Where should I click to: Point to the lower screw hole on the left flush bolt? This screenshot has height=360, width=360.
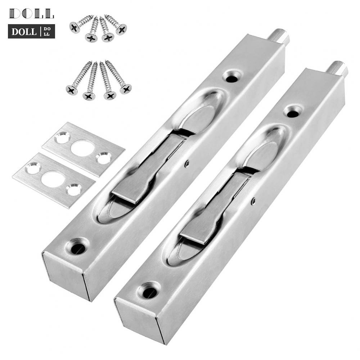(x=78, y=248)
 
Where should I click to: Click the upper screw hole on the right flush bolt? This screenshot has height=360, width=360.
(x=293, y=112)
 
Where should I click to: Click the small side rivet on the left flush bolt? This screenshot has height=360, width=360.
(x=187, y=164)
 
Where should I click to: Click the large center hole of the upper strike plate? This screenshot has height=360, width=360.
(x=82, y=148)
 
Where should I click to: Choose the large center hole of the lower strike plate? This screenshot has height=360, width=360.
(x=53, y=179)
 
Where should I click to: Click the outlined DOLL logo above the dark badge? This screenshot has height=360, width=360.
(x=31, y=14)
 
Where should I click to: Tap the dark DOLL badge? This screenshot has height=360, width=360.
(x=31, y=31)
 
